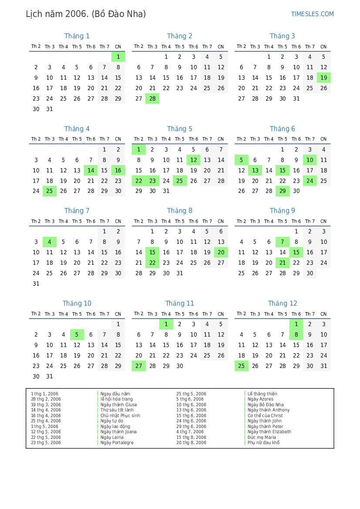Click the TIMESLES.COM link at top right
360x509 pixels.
coord(312,14)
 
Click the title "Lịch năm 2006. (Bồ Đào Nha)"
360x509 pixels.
coord(86,14)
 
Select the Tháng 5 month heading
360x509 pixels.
coord(179,129)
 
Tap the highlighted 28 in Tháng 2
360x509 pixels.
coord(152,99)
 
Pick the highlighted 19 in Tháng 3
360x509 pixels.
coord(323,78)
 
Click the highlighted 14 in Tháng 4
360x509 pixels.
coord(91,170)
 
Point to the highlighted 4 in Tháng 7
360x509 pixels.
coord(50,242)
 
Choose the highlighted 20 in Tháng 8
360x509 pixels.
coord(221,253)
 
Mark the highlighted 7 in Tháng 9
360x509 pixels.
coord(283,242)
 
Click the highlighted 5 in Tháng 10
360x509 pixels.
coord(77,335)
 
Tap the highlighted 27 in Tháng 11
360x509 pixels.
coord(138,366)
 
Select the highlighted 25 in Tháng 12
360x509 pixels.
coord(241,366)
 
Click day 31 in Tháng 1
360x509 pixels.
coord(50,109)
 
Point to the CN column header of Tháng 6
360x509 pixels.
coord(323,139)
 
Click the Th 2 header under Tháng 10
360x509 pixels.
coord(36,314)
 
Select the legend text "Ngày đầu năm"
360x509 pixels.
coord(115,394)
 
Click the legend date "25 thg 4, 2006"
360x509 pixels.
coord(46,421)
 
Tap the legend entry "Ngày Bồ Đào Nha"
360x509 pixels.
coord(266,405)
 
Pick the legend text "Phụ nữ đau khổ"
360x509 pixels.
coord(263,443)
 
